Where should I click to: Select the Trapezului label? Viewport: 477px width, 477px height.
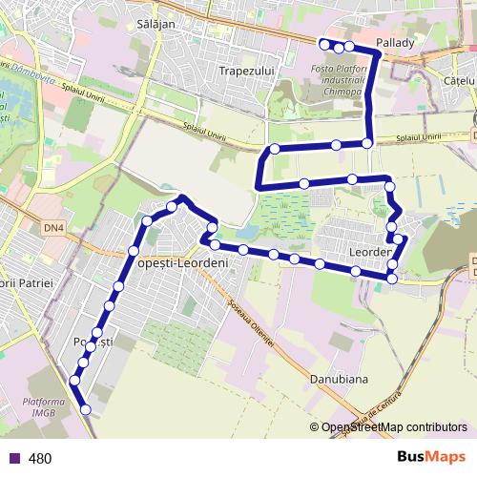click(x=246, y=71)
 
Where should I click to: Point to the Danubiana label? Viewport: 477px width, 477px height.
click(x=339, y=379)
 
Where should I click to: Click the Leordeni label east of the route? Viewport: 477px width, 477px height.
click(x=371, y=252)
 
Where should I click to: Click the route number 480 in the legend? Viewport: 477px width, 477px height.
click(x=40, y=459)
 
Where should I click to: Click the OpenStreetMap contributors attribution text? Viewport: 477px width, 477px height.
click(x=393, y=427)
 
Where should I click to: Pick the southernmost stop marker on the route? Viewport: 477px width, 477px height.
click(x=86, y=409)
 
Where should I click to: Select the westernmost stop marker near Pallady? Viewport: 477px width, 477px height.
click(x=323, y=44)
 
